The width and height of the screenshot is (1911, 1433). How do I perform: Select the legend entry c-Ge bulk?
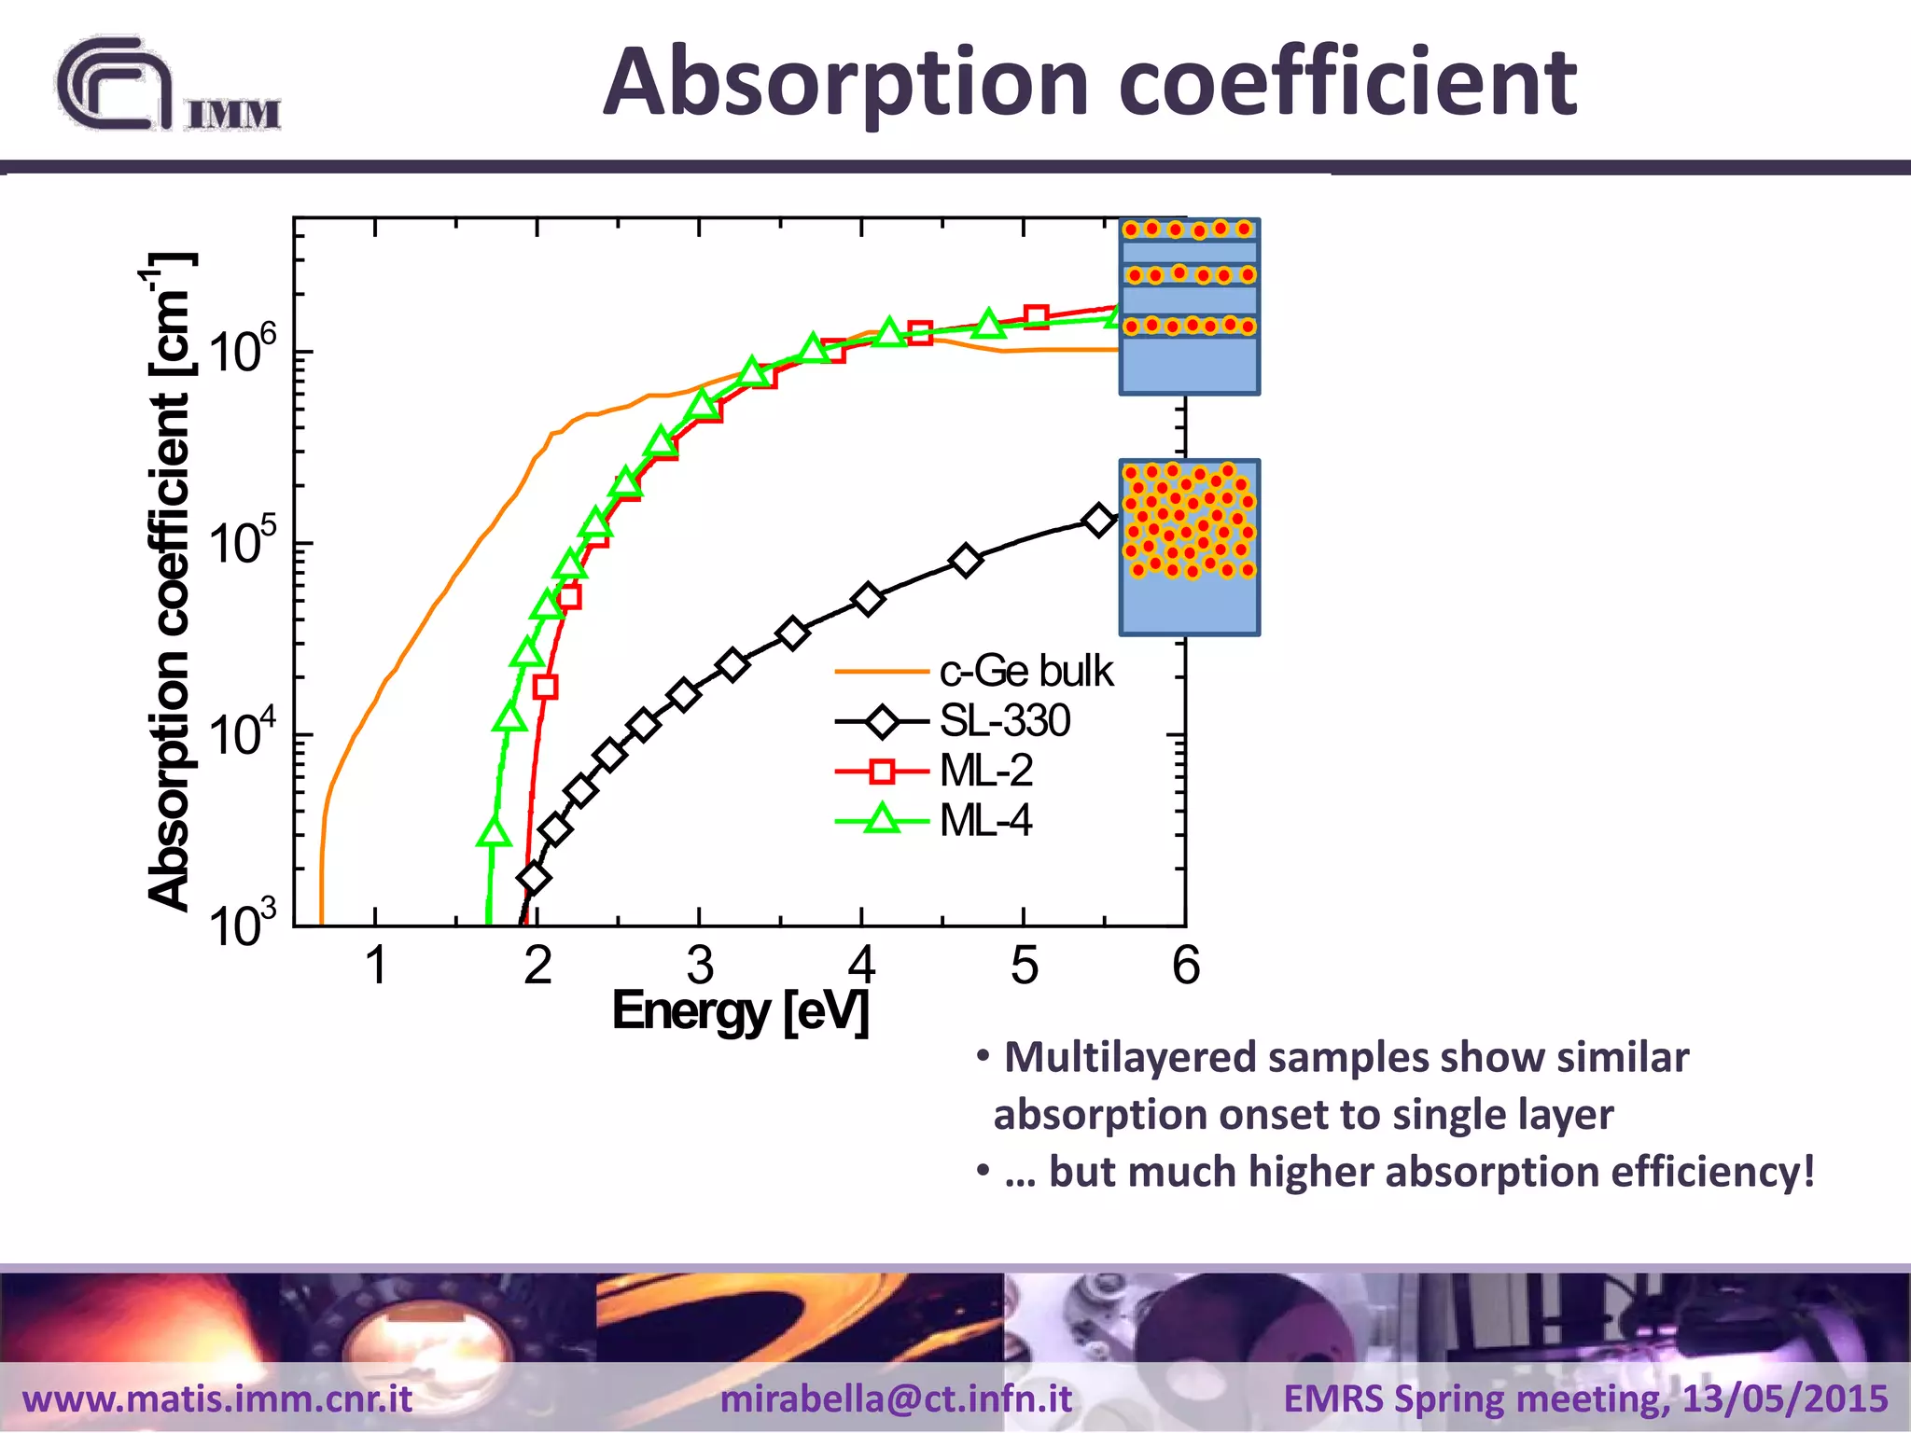tap(1025, 672)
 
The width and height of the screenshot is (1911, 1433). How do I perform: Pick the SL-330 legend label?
tap(1004, 721)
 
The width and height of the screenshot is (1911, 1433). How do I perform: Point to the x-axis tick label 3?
tap(700, 965)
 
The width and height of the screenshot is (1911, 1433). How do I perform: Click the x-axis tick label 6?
tap(1186, 965)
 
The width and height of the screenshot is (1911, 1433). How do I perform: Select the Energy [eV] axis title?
tap(740, 1011)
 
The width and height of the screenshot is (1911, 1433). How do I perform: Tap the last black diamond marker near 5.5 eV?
tap(1100, 520)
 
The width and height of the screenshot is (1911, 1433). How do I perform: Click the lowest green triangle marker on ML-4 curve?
tap(494, 831)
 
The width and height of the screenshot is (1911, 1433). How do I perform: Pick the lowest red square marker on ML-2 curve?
tap(545, 688)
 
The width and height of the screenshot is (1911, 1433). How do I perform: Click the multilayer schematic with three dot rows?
tap(1189, 307)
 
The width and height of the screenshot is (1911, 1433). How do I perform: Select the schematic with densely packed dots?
tap(1189, 547)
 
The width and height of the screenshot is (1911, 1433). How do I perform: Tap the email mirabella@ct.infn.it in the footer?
tap(896, 1398)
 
